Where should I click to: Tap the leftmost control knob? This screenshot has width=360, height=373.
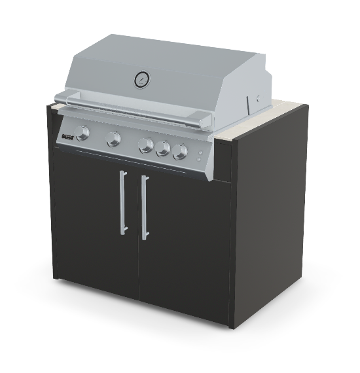point(83,133)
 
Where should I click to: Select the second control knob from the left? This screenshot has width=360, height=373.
point(114,139)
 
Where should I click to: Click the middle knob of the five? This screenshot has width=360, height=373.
point(147,145)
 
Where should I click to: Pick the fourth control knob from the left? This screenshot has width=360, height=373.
point(163,149)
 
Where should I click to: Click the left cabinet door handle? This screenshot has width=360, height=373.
point(122,202)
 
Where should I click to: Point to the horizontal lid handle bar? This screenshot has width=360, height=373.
point(131,111)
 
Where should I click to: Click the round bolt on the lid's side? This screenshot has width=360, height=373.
point(258,96)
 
